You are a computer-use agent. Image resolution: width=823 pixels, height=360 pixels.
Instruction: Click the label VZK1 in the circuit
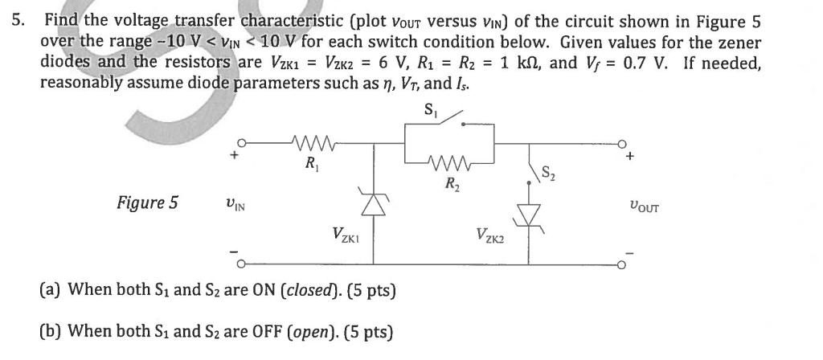[347, 235]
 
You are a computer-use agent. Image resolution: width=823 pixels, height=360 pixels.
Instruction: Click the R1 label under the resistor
[309, 166]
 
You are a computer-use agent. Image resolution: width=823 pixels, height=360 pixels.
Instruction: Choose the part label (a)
[52, 288]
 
